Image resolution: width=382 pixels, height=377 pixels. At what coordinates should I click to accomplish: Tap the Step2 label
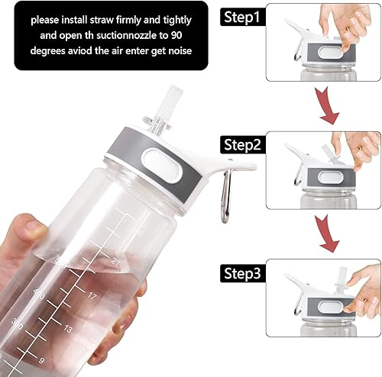[x=244, y=143]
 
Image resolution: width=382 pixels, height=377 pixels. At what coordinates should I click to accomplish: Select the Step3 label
[x=244, y=272]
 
